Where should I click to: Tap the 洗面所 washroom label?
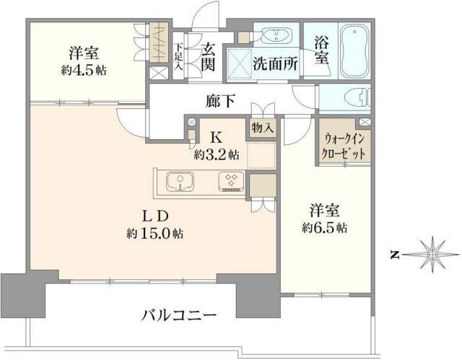[x=274, y=63]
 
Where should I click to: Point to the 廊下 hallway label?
[x=219, y=102]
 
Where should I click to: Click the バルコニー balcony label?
[x=178, y=316]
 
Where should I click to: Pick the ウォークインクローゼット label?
[x=345, y=147]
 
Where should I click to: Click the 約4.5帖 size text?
[x=84, y=70]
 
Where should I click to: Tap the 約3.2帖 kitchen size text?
[x=216, y=154]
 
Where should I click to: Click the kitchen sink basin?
[x=178, y=180]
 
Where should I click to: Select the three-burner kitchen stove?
[x=232, y=180]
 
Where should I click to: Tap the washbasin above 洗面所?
[x=274, y=36]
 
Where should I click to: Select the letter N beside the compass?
[x=395, y=254]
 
